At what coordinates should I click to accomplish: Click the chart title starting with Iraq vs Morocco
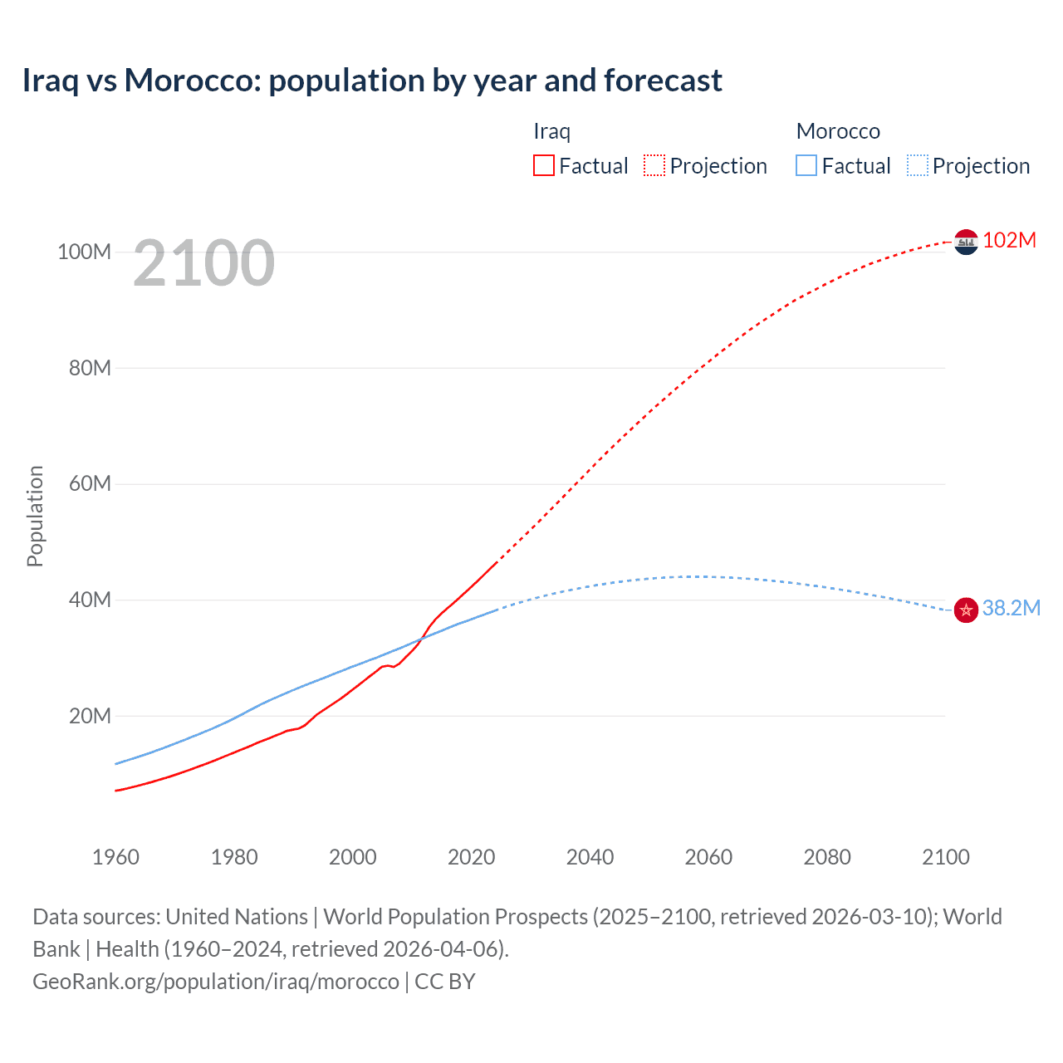click(372, 81)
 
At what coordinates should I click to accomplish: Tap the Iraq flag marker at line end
click(966, 242)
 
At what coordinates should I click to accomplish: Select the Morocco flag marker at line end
click(966, 610)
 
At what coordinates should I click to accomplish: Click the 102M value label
click(1009, 241)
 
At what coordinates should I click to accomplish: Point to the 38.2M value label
click(1011, 609)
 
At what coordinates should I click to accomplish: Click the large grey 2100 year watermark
click(203, 263)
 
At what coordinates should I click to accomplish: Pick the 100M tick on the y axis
click(84, 252)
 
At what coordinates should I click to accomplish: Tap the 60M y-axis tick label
click(90, 483)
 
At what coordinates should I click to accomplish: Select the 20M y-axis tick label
click(90, 716)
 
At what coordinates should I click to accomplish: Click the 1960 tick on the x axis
click(115, 857)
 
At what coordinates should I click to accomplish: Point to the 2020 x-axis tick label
click(471, 857)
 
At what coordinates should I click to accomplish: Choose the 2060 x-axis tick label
click(708, 857)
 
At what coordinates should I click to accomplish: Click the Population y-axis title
click(35, 516)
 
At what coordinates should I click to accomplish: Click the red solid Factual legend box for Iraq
click(544, 165)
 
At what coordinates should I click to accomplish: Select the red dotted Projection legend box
click(654, 165)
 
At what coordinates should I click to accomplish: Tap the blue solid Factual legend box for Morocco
click(806, 165)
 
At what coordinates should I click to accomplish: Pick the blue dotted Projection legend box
click(917, 165)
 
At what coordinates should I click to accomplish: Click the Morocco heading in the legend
click(838, 131)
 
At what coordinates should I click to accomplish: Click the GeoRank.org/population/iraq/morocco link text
click(216, 982)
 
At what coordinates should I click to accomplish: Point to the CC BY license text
click(445, 982)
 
